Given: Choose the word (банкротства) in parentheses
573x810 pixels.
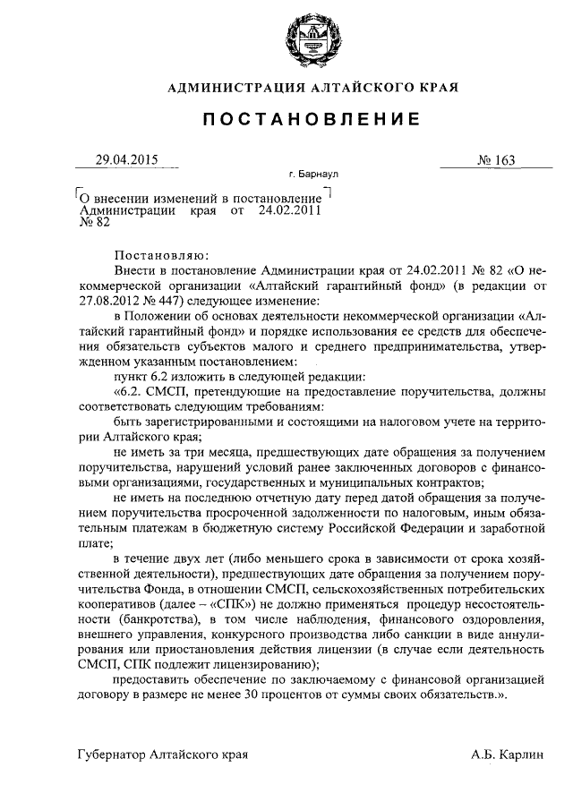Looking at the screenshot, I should tap(142, 619).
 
